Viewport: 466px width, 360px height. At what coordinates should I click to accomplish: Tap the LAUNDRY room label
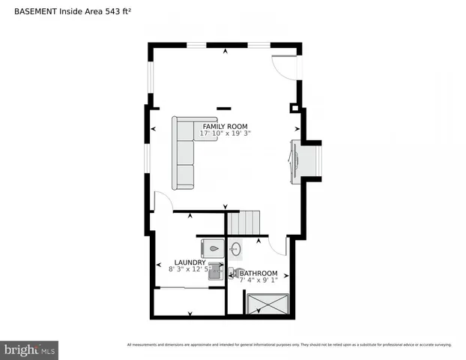pyautogui.click(x=190, y=262)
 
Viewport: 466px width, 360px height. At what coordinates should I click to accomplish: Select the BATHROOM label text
pyautogui.click(x=258, y=273)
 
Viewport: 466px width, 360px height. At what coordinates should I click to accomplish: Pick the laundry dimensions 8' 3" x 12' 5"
pyautogui.click(x=190, y=269)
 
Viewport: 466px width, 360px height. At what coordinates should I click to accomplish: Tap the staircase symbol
pyautogui.click(x=244, y=222)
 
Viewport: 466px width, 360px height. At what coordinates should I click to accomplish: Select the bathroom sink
pyautogui.click(x=234, y=248)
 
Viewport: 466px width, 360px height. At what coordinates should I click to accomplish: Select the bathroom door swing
pyautogui.click(x=279, y=247)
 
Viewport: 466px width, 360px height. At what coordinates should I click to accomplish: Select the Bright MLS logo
pyautogui.click(x=30, y=349)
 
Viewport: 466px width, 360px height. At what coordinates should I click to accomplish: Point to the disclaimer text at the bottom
pyautogui.click(x=289, y=345)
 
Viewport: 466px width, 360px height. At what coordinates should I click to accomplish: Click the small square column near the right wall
pyautogui.click(x=294, y=108)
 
